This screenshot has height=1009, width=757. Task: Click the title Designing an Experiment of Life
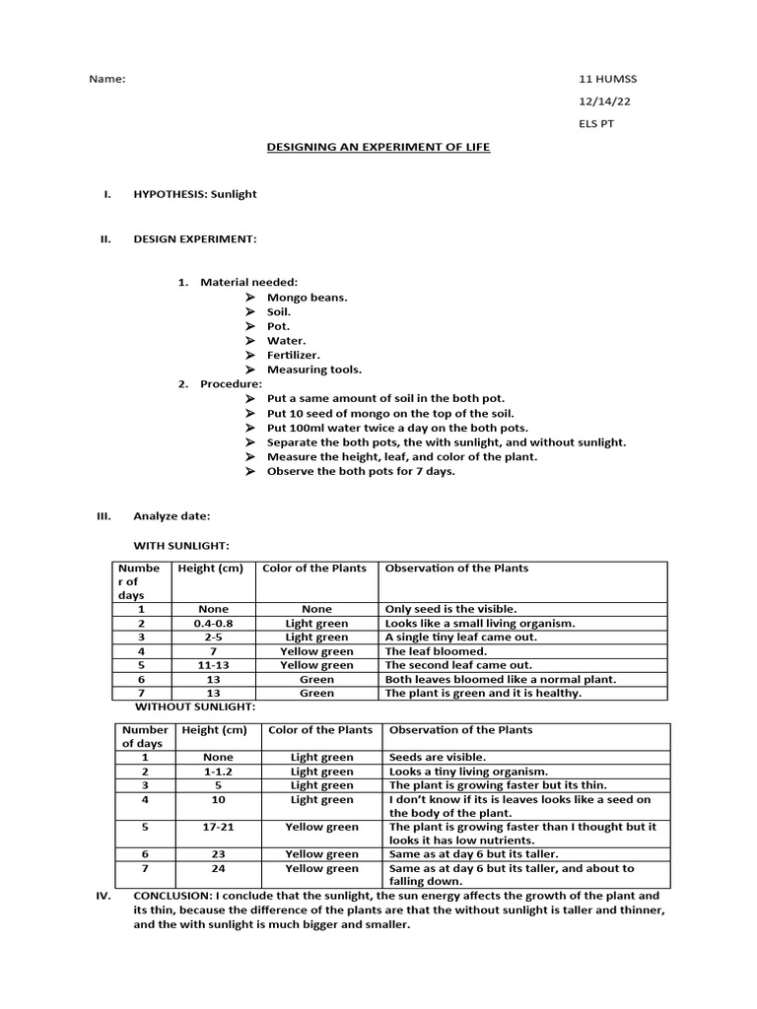pos(378,147)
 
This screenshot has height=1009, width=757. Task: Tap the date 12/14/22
pos(599,101)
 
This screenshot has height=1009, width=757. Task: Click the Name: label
pos(107,79)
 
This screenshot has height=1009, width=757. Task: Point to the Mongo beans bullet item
pos(307,297)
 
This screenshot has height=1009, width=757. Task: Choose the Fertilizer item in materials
pos(294,355)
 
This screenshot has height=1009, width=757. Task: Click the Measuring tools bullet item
pos(314,370)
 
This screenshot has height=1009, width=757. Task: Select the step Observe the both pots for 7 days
pos(361,471)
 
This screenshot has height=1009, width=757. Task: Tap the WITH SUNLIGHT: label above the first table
pos(181,545)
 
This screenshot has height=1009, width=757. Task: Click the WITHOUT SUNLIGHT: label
pos(194,706)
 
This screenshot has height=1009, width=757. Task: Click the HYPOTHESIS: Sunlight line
pos(194,194)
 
